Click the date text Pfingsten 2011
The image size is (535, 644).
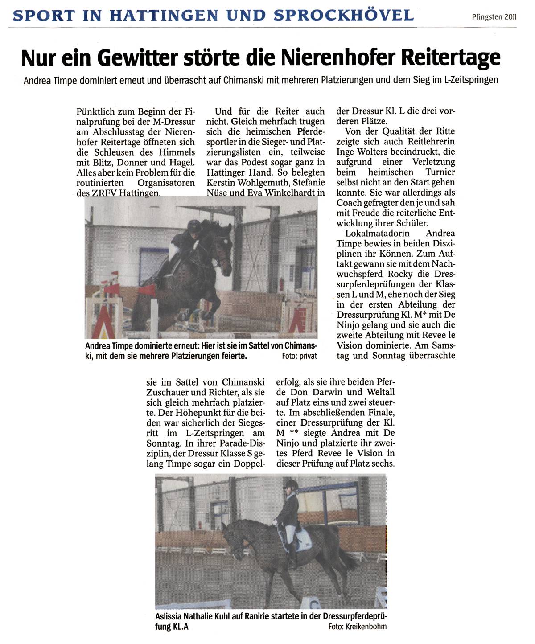(x=494, y=17)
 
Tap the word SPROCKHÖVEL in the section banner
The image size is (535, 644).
(x=344, y=16)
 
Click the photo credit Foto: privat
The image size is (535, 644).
(x=300, y=356)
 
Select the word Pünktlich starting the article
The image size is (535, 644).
(x=96, y=111)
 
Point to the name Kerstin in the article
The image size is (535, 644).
(x=221, y=183)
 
